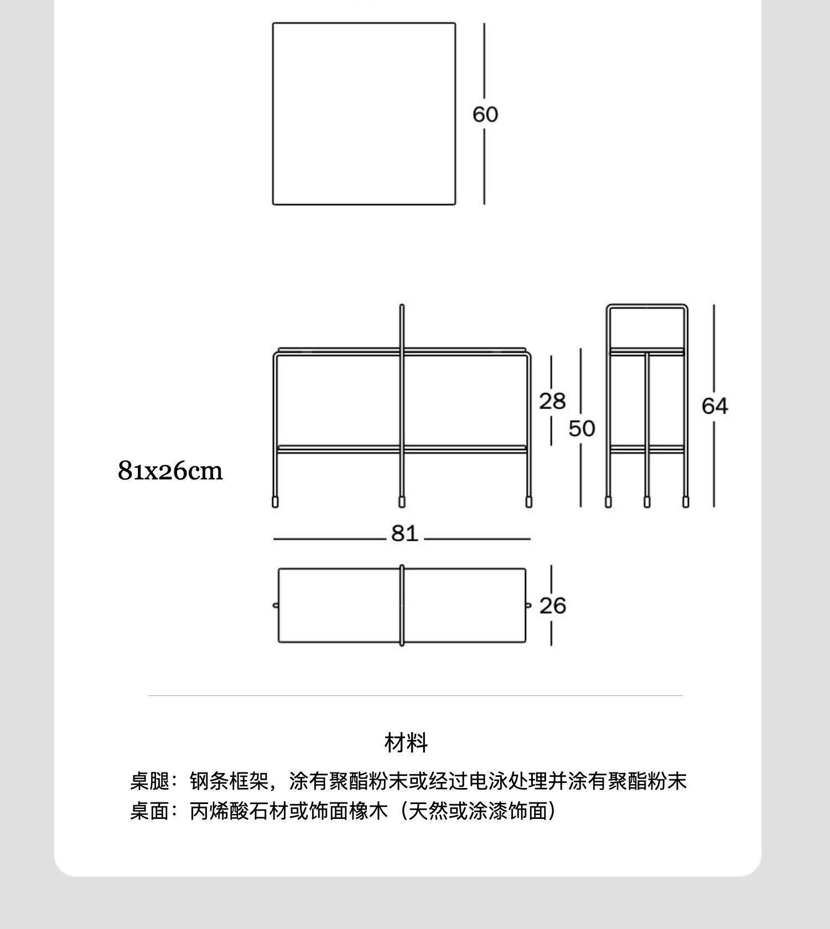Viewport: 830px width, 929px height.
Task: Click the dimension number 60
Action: coord(485,114)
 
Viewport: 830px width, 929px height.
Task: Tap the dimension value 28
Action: coord(552,401)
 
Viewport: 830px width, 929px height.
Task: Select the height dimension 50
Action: coord(582,429)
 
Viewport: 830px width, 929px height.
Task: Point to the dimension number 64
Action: coord(714,406)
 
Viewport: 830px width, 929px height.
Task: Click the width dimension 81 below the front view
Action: coord(404,534)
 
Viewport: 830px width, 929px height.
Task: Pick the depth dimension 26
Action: coord(552,606)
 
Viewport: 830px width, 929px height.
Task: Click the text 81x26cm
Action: coord(170,471)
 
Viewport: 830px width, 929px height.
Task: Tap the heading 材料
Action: coord(406,743)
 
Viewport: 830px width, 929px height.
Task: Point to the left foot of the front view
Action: coord(276,502)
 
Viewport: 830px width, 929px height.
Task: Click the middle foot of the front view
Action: coord(402,502)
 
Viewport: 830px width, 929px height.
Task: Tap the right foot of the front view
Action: coord(528,502)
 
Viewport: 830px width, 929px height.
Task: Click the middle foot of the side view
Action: coord(647,502)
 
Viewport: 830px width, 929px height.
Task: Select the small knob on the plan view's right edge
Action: coord(527,606)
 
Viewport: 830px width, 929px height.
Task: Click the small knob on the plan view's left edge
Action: coord(276,606)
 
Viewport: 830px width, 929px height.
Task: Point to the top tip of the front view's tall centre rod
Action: coord(402,306)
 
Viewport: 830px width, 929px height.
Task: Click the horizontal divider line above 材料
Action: coord(415,695)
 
